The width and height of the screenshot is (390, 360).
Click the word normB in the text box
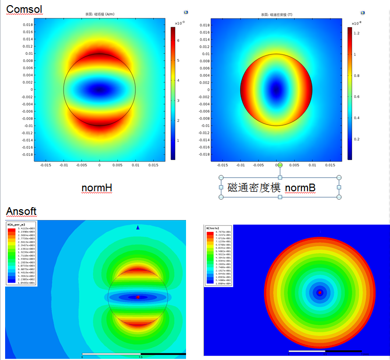[300, 188]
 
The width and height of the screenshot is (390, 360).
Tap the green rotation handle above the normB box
[280, 166]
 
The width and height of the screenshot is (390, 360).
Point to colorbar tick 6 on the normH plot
[177, 39]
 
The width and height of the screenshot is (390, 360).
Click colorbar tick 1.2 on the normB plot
[356, 33]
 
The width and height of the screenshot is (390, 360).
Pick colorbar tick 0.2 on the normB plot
[356, 139]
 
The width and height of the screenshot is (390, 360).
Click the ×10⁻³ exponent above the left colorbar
[179, 23]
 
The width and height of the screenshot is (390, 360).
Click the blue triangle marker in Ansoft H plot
[137, 227]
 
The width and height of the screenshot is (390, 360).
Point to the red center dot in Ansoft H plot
[138, 297]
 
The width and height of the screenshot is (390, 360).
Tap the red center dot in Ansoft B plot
[320, 293]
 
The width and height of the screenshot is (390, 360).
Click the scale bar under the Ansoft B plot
[325, 351]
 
